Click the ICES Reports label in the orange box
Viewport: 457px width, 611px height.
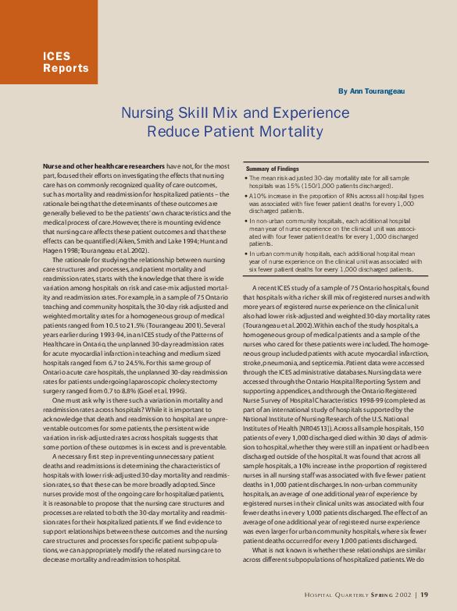click(66, 62)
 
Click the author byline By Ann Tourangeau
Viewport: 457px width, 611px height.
click(372, 91)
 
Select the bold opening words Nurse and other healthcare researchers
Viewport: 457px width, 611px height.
click(104, 167)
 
